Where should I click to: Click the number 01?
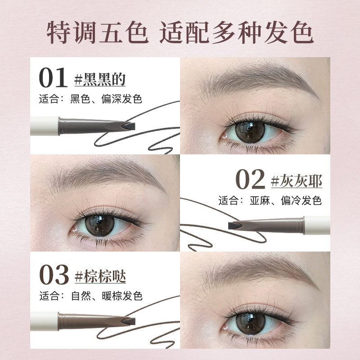pyautogui.click(x=53, y=77)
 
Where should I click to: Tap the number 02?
pyautogui.click(x=250, y=179)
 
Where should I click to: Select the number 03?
pyautogui.click(x=54, y=274)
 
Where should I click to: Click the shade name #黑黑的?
pyautogui.click(x=100, y=79)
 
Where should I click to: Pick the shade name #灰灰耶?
pyautogui.click(x=297, y=181)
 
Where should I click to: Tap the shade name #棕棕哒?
pyautogui.click(x=100, y=276)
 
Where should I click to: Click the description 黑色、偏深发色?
pyautogui.click(x=106, y=99)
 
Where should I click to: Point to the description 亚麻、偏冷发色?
pyautogui.click(x=285, y=200)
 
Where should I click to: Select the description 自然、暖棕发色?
pyautogui.click(x=107, y=296)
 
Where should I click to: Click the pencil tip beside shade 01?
pyautogui.click(x=129, y=126)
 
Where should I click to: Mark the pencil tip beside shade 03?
pyautogui.click(x=129, y=321)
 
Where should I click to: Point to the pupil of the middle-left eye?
pyautogui.click(x=99, y=225)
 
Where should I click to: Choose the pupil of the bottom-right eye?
pyautogui.click(x=251, y=323)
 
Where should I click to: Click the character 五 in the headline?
pyautogui.click(x=111, y=32)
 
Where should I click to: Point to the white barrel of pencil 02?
pyautogui.click(x=317, y=225)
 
